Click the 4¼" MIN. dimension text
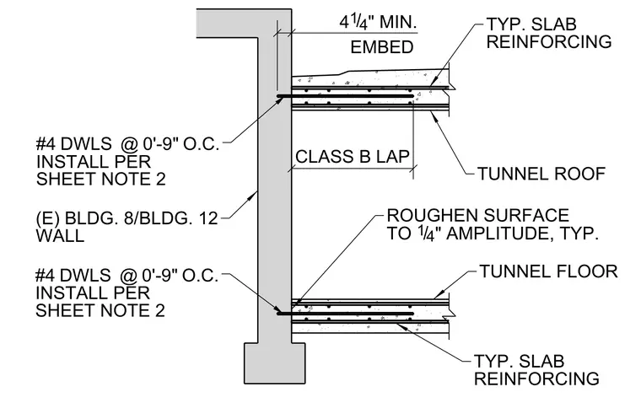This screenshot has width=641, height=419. pyautogui.click(x=378, y=22)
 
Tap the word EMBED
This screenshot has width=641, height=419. pyautogui.click(x=382, y=47)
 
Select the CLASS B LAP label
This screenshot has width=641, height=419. pyautogui.click(x=352, y=157)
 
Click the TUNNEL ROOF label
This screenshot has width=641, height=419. pyautogui.click(x=541, y=174)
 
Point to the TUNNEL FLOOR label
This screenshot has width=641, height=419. pyautogui.click(x=548, y=271)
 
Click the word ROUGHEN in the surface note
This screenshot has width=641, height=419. pyautogui.click(x=429, y=216)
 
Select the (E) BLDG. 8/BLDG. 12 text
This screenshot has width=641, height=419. pyautogui.click(x=127, y=218)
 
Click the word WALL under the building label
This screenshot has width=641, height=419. pyautogui.click(x=60, y=236)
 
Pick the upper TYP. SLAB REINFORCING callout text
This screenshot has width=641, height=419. pyautogui.click(x=548, y=33)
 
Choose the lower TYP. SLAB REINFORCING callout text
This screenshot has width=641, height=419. pyautogui.click(x=536, y=370)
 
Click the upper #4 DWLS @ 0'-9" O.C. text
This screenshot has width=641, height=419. pyautogui.click(x=127, y=144)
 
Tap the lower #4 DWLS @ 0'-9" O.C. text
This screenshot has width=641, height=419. pyautogui.click(x=127, y=276)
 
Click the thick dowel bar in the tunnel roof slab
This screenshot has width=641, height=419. pyautogui.click(x=346, y=96)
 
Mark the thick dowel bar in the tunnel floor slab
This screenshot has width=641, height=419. pyautogui.click(x=346, y=314)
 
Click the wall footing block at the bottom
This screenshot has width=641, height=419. pyautogui.click(x=275, y=363)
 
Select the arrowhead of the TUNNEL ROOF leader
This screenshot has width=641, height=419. pyautogui.click(x=434, y=116)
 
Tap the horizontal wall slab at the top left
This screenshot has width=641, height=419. pyautogui.click(x=227, y=24)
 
